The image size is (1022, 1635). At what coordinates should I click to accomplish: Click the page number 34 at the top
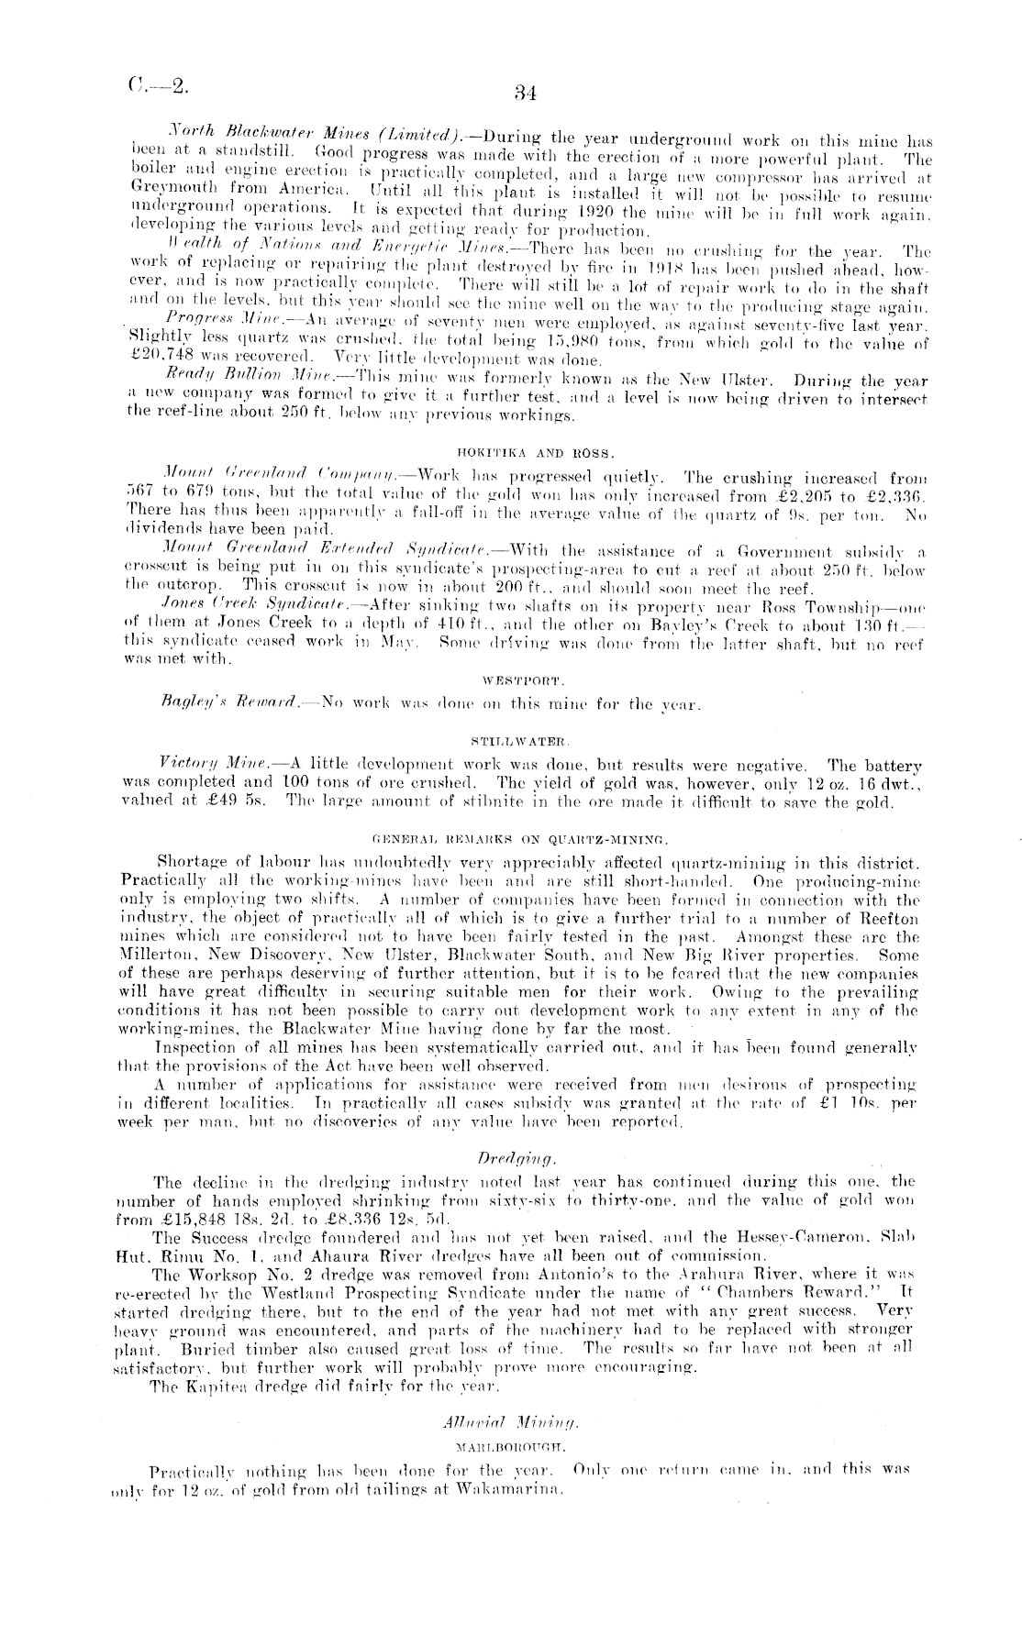click(525, 92)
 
